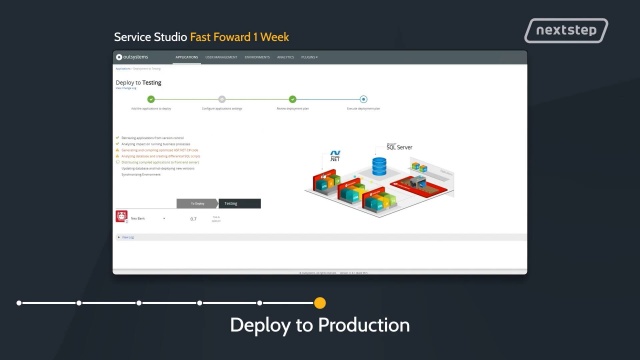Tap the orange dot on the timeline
point(320,302)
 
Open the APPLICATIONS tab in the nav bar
point(187,58)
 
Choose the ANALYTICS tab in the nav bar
point(286,58)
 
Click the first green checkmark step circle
point(151,99)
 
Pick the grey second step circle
point(222,99)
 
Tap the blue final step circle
point(363,99)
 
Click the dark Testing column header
point(231,203)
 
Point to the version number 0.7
point(193,218)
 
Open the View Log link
point(127,237)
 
